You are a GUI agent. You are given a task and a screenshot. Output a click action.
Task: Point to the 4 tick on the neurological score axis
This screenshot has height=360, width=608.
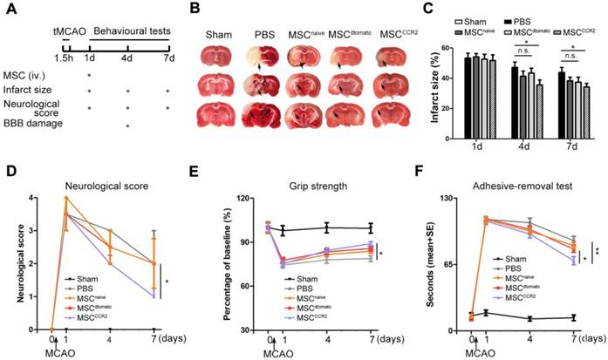coord(35,199)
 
